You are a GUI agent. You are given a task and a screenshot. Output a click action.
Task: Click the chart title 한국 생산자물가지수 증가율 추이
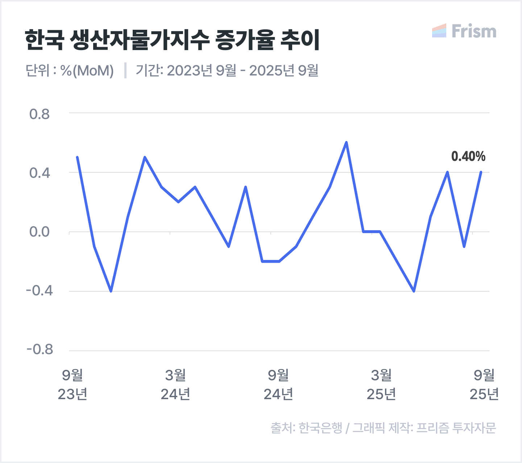click(172, 40)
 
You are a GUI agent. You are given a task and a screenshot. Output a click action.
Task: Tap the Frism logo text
click(474, 31)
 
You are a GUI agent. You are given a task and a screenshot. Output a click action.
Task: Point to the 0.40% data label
click(468, 156)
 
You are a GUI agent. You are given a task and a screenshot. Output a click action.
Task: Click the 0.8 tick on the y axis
click(40, 114)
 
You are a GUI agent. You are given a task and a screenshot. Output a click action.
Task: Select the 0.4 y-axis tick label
click(40, 173)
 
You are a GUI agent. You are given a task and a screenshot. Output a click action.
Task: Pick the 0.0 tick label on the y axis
click(40, 232)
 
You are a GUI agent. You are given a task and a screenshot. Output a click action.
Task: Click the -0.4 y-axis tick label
click(40, 291)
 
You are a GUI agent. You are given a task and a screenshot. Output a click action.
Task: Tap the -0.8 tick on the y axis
click(40, 349)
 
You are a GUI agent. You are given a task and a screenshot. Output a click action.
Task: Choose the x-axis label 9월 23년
click(72, 385)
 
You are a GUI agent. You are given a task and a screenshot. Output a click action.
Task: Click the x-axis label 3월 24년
click(175, 385)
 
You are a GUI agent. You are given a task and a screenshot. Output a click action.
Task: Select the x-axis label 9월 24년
click(278, 385)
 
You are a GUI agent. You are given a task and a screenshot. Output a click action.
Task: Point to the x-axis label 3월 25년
click(381, 385)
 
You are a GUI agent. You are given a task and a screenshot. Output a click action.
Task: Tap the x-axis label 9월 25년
click(484, 385)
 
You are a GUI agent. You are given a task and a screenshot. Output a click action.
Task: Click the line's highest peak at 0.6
click(346, 143)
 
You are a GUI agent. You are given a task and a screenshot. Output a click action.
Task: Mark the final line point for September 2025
click(481, 172)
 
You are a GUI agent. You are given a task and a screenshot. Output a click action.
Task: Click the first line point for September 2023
click(77, 157)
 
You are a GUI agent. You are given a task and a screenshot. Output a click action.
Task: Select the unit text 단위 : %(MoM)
click(70, 70)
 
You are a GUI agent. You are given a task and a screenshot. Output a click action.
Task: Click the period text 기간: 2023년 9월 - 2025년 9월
click(227, 70)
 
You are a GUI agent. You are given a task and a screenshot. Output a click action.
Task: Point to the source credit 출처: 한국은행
click(306, 428)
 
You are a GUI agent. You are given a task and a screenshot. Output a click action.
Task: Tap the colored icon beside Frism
click(439, 31)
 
